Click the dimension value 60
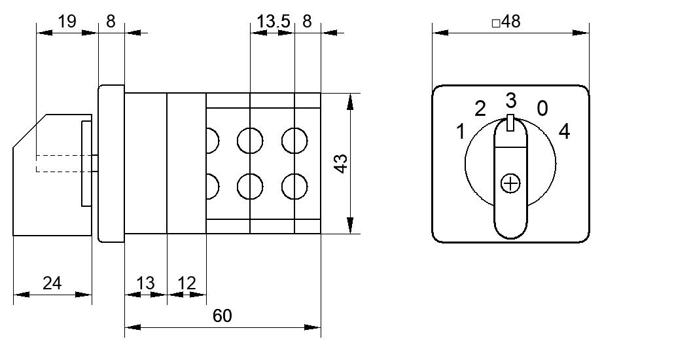(222, 316)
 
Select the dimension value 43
(342, 164)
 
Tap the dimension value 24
(52, 283)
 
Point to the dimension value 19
(67, 21)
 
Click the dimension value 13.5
(274, 21)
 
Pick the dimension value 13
(145, 283)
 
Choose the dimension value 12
(186, 283)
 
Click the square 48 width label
(506, 22)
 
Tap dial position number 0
(543, 109)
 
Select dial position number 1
(461, 131)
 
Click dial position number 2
(480, 109)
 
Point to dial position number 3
(510, 101)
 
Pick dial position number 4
(564, 131)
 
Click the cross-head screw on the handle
(510, 184)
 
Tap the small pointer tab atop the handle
(510, 122)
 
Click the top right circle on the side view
(294, 140)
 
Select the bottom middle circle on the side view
(250, 187)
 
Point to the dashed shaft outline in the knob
(65, 163)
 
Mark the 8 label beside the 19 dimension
(111, 21)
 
